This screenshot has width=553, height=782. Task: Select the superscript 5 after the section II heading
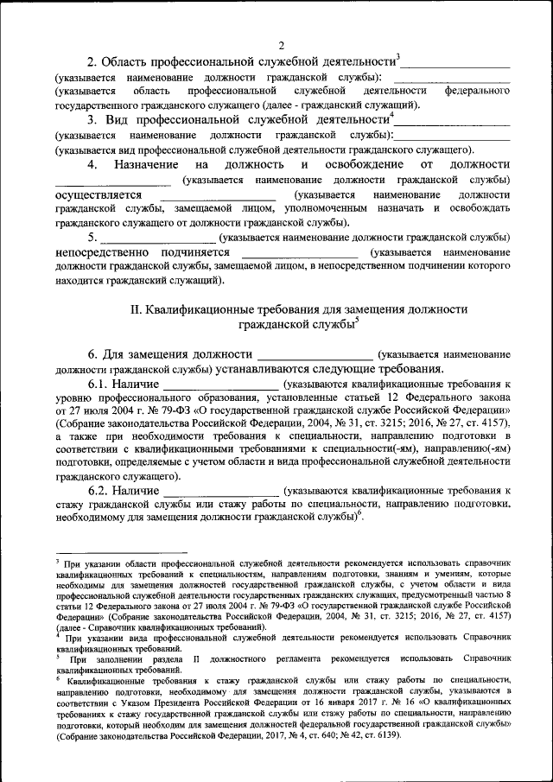(x=357, y=321)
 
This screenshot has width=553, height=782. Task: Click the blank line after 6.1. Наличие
(x=220, y=385)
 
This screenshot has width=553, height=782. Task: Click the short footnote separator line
(x=121, y=551)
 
